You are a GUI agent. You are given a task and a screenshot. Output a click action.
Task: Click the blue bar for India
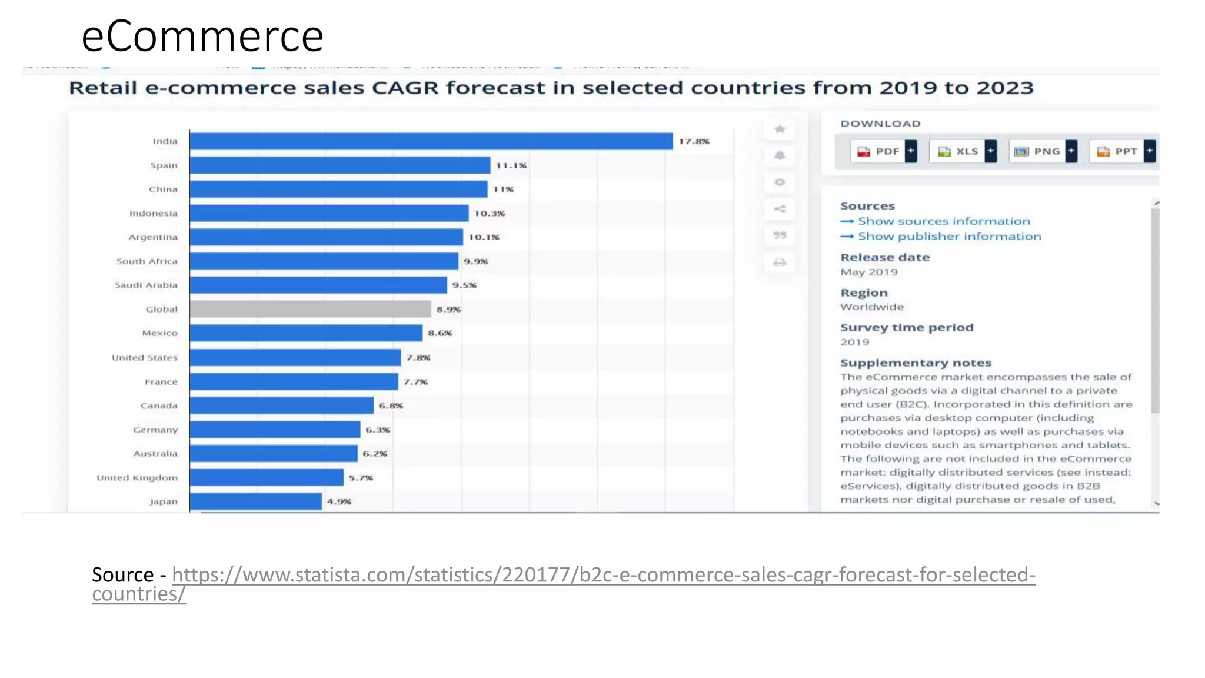coord(431,141)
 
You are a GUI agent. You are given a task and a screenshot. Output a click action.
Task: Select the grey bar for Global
coord(310,309)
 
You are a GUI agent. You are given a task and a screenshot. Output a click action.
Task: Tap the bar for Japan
coord(255,501)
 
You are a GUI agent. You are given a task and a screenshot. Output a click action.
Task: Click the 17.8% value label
coord(694,141)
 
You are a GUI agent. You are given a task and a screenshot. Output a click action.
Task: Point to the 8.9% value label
coord(448,309)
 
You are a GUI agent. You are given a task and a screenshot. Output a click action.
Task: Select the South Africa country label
coord(147,261)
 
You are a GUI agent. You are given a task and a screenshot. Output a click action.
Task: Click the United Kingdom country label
coord(137,478)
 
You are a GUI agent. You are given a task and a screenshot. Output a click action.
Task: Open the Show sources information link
coord(944,221)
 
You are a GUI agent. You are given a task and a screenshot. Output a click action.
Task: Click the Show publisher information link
coord(949,237)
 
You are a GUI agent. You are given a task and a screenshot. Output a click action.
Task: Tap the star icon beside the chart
coord(780,129)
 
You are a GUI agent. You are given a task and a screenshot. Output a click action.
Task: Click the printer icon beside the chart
coord(780,262)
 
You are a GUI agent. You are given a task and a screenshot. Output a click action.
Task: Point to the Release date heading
coord(885,257)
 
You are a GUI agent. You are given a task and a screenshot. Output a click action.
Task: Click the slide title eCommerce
coord(202,36)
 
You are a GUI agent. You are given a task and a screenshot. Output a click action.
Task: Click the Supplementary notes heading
coord(916,363)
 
